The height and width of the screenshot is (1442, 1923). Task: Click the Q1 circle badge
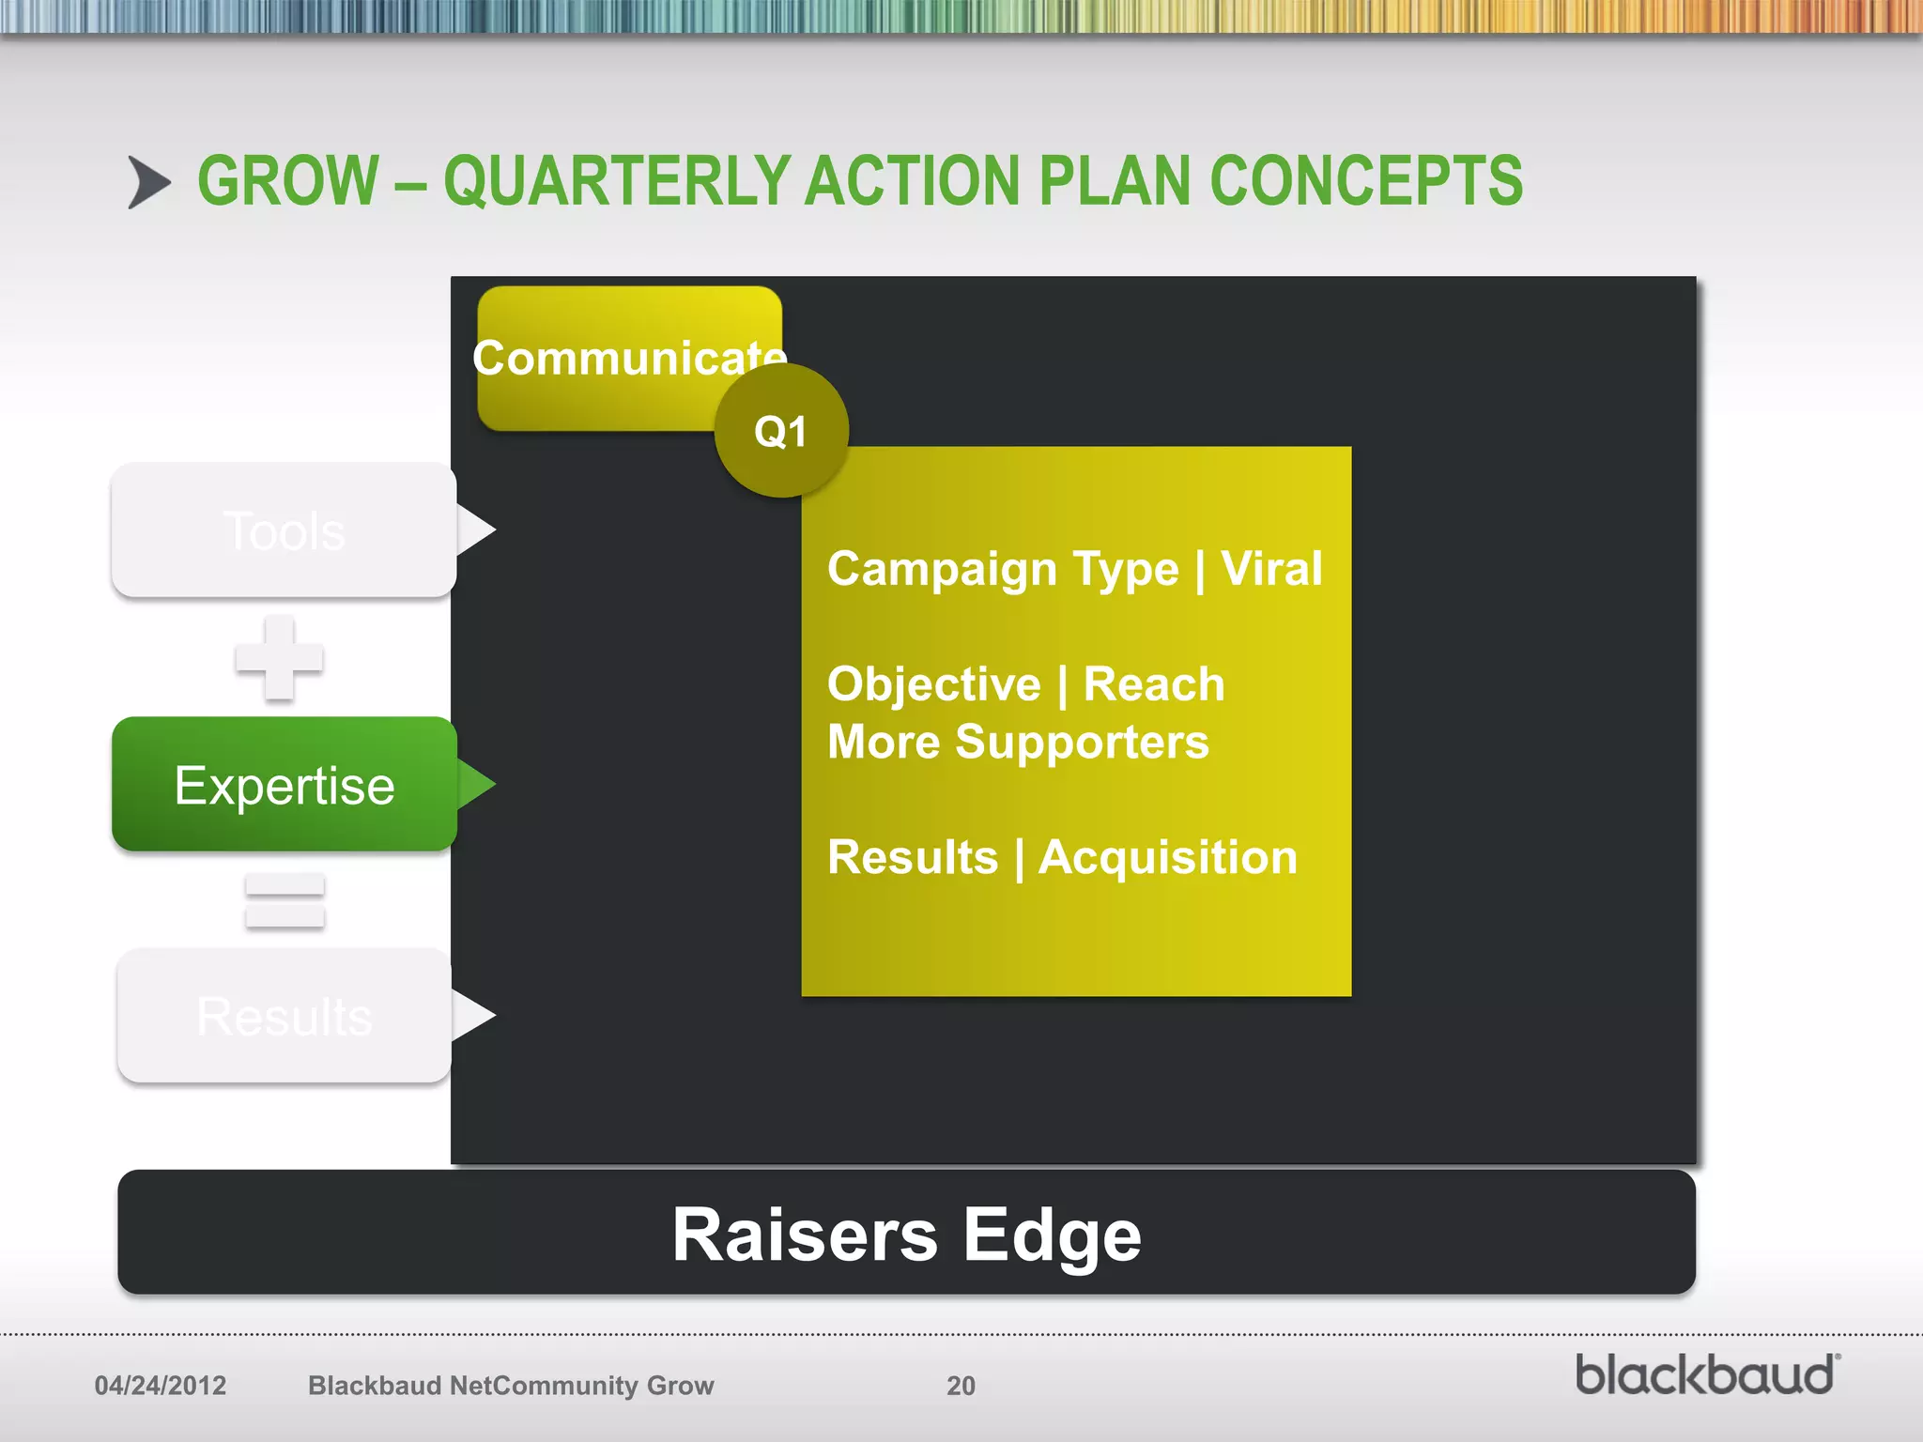(781, 431)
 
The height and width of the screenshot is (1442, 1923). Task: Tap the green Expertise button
(284, 785)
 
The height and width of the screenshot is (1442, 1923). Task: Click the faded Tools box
(284, 530)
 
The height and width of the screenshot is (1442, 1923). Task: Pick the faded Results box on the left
(284, 1016)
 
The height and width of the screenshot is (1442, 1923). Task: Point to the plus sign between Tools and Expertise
(279, 658)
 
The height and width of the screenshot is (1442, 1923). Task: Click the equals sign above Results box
(285, 900)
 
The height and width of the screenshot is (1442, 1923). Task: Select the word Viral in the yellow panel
(1271, 569)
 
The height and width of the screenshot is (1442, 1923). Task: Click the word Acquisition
(1167, 857)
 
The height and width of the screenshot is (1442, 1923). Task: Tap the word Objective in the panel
(933, 684)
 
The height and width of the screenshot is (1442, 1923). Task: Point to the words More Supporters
(1018, 743)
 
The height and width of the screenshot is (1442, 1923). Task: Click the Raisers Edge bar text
(906, 1235)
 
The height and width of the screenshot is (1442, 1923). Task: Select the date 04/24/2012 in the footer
(161, 1386)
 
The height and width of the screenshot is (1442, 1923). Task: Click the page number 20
(961, 1386)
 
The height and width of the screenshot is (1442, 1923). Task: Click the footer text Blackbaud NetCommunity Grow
(511, 1386)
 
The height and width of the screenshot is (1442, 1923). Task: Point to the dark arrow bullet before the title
(148, 182)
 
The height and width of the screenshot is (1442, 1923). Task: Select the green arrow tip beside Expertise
(477, 785)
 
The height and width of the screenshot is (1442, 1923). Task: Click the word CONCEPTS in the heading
(1366, 181)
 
